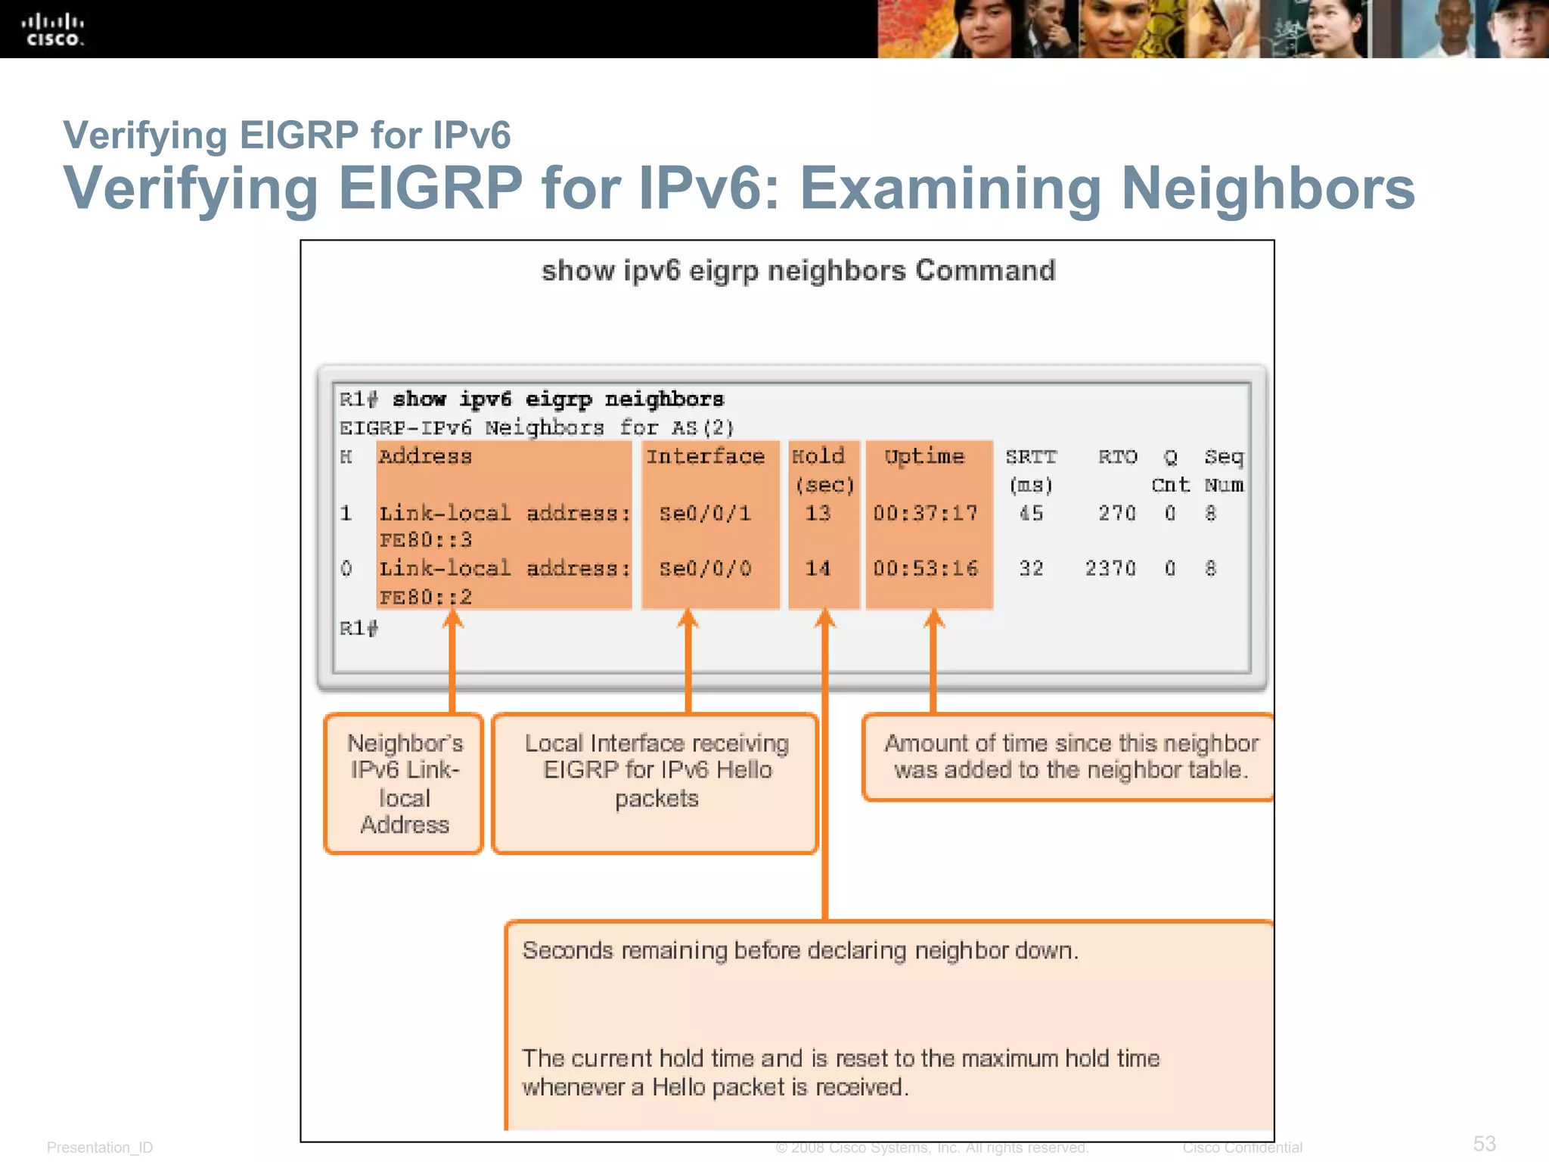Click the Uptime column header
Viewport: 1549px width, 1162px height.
pyautogui.click(x=924, y=456)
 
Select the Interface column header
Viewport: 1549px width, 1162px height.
pyautogui.click(x=705, y=456)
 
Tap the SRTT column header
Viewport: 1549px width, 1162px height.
pyautogui.click(x=1031, y=457)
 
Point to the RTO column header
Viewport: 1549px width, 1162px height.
pyautogui.click(x=1117, y=457)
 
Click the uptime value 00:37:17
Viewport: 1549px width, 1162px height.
pyautogui.click(x=925, y=514)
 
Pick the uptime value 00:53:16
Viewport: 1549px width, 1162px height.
pyautogui.click(x=925, y=568)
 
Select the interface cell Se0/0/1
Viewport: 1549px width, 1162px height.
pyautogui.click(x=705, y=514)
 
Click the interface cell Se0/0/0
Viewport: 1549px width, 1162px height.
pyautogui.click(x=705, y=568)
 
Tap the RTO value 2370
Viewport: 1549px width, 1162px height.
pyautogui.click(x=1110, y=568)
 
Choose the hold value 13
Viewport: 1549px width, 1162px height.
pyautogui.click(x=818, y=514)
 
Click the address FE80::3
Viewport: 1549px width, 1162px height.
pyautogui.click(x=426, y=540)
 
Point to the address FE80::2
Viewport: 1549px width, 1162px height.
pyautogui.click(x=426, y=597)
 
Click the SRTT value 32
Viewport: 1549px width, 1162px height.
pyautogui.click(x=1031, y=568)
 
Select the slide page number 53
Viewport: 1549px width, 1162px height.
pyautogui.click(x=1484, y=1143)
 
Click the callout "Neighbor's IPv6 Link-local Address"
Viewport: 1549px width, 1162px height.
pyautogui.click(x=404, y=784)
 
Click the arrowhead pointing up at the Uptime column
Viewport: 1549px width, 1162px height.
pyautogui.click(x=933, y=619)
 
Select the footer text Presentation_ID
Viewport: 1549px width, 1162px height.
pyautogui.click(x=100, y=1148)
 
